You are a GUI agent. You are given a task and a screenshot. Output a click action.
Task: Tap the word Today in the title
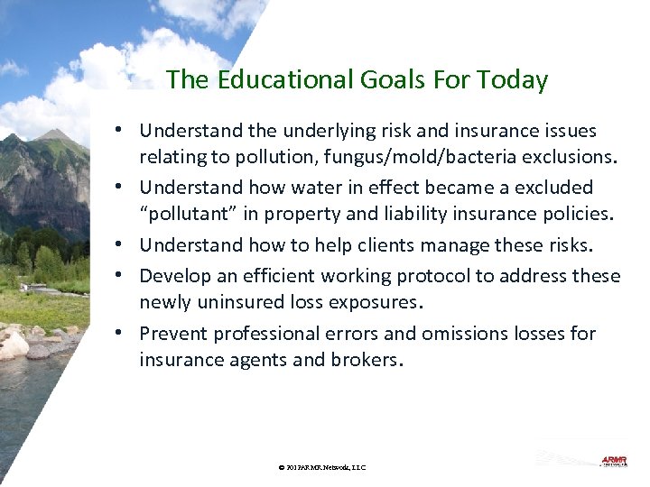515,80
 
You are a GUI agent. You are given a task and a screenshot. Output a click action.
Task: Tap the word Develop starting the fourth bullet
173,276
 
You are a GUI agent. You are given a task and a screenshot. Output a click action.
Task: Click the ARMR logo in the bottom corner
614,461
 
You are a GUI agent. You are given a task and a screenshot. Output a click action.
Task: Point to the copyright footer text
322,467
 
